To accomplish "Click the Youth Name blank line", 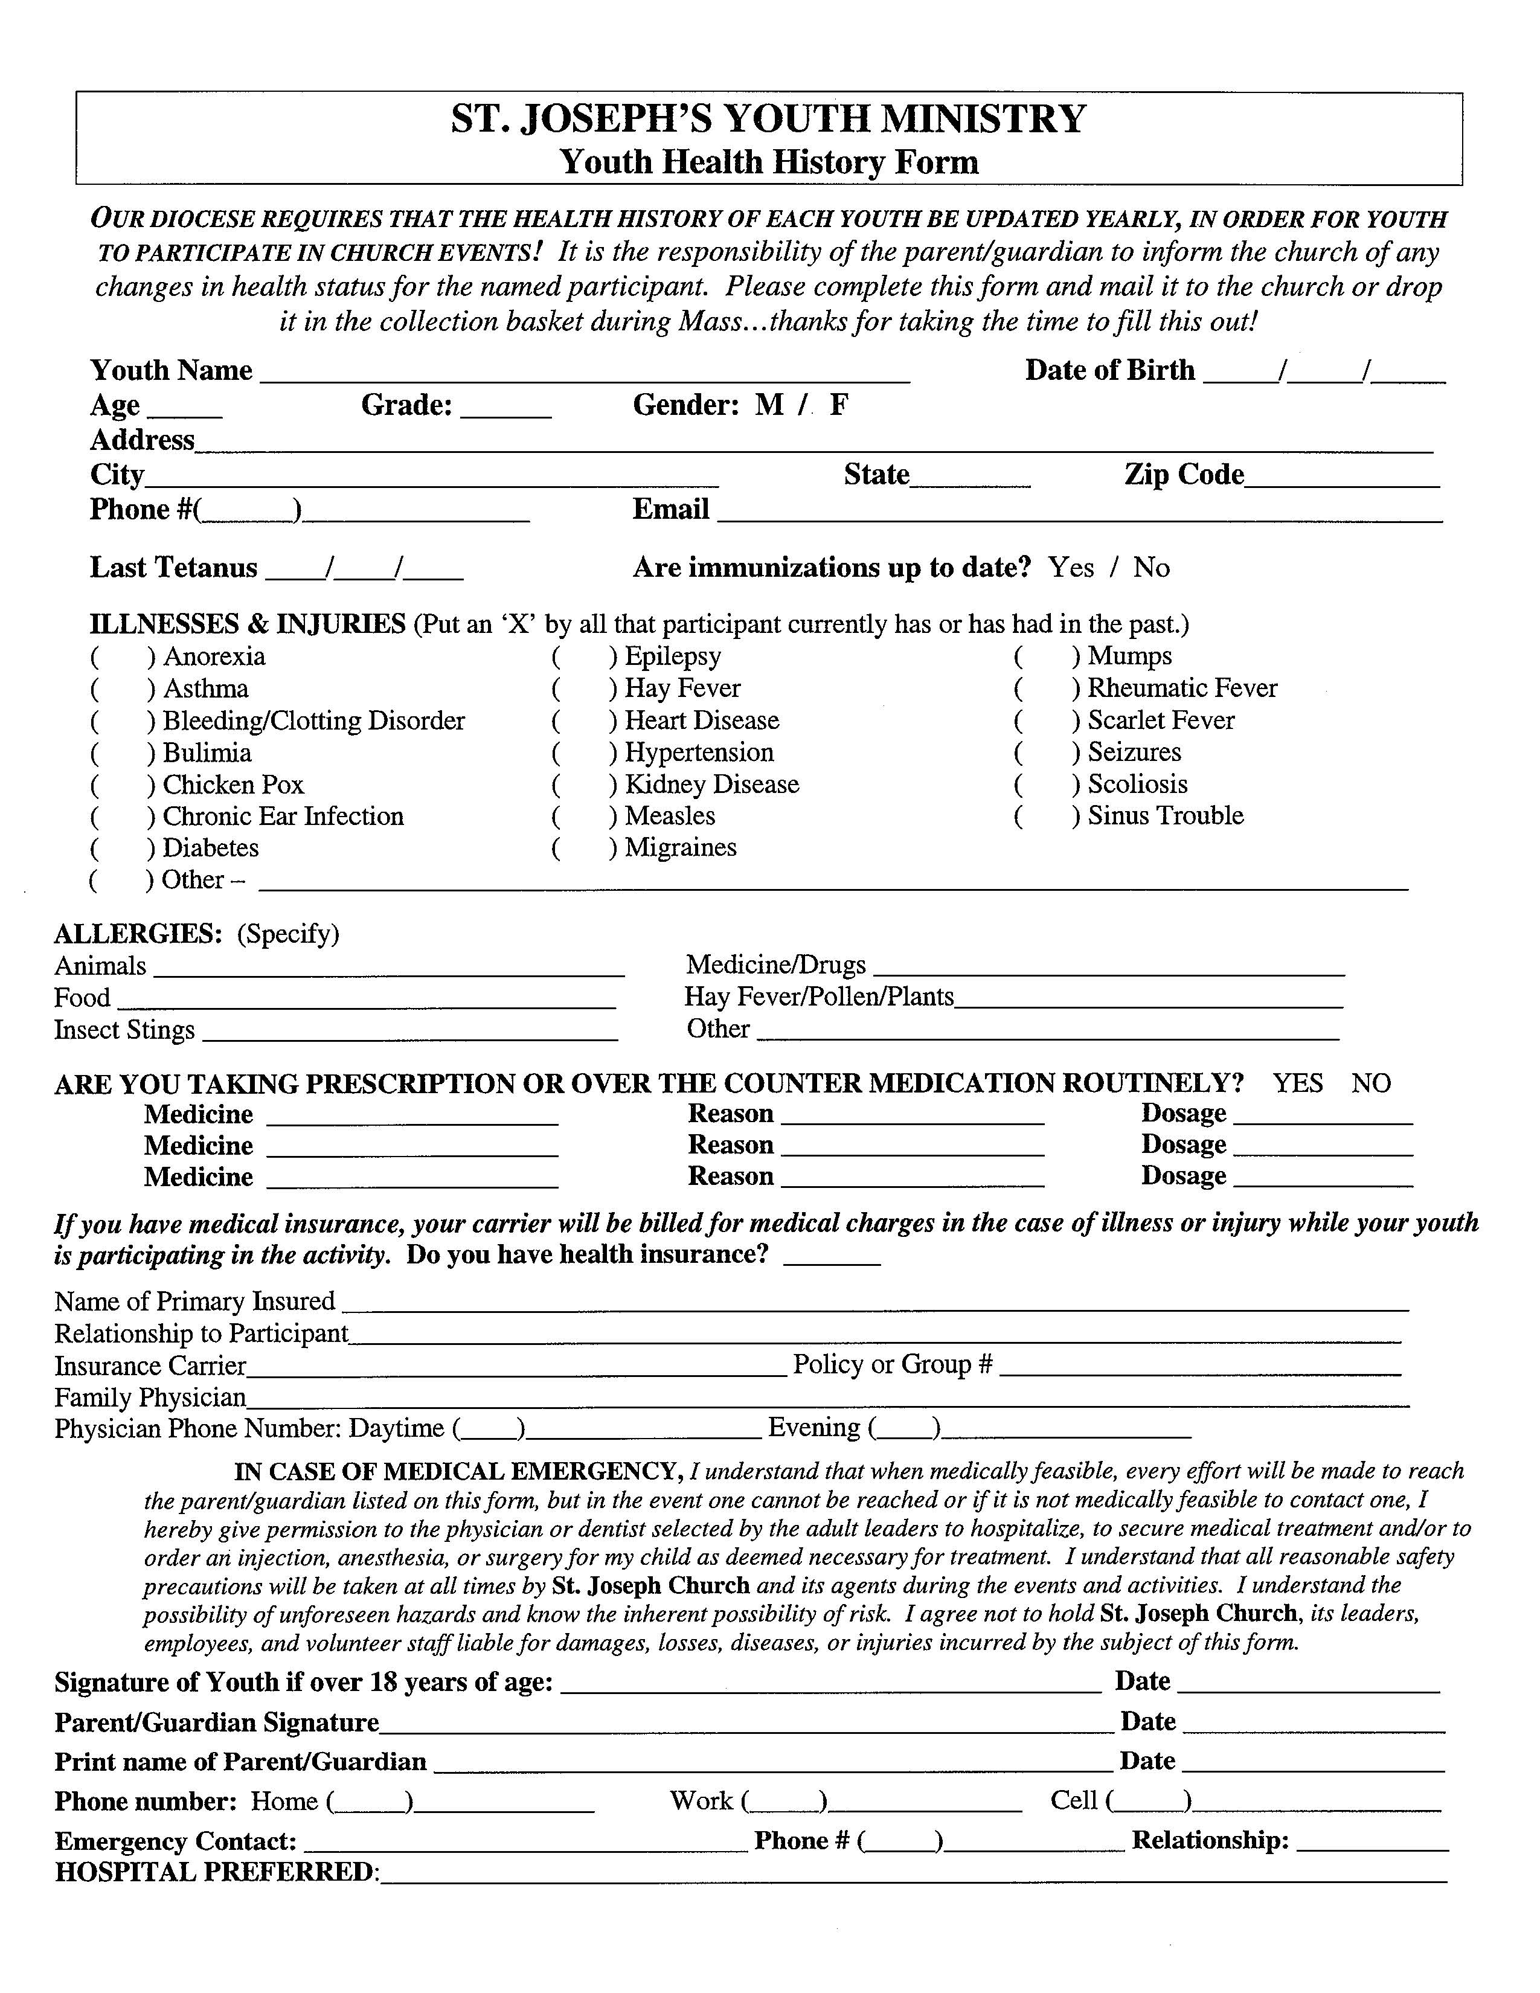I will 584,372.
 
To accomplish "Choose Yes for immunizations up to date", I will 1070,568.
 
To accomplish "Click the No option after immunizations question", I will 1150,568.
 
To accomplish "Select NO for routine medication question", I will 1370,1083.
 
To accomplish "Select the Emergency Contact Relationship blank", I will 1372,1841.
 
